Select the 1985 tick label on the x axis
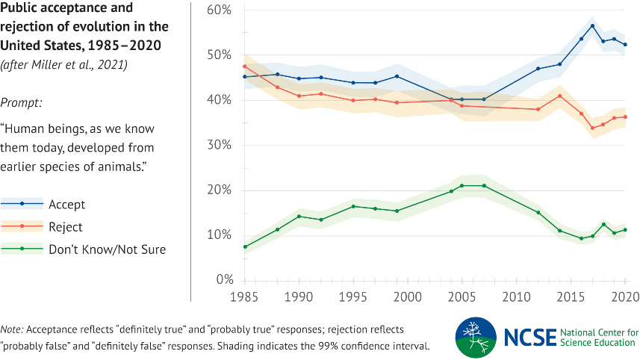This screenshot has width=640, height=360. [244, 296]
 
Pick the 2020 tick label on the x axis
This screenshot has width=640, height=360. [624, 296]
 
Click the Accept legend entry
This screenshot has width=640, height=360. [67, 204]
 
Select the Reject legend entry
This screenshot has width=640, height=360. [66, 226]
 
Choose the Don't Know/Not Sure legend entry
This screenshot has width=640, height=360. [107, 249]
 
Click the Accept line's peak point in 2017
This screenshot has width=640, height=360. [592, 26]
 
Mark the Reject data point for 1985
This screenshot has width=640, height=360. [244, 66]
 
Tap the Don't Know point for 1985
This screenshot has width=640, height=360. [244, 246]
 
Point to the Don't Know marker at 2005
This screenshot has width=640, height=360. [462, 185]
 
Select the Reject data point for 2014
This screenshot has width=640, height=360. [559, 96]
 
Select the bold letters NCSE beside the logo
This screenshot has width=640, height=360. [531, 337]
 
